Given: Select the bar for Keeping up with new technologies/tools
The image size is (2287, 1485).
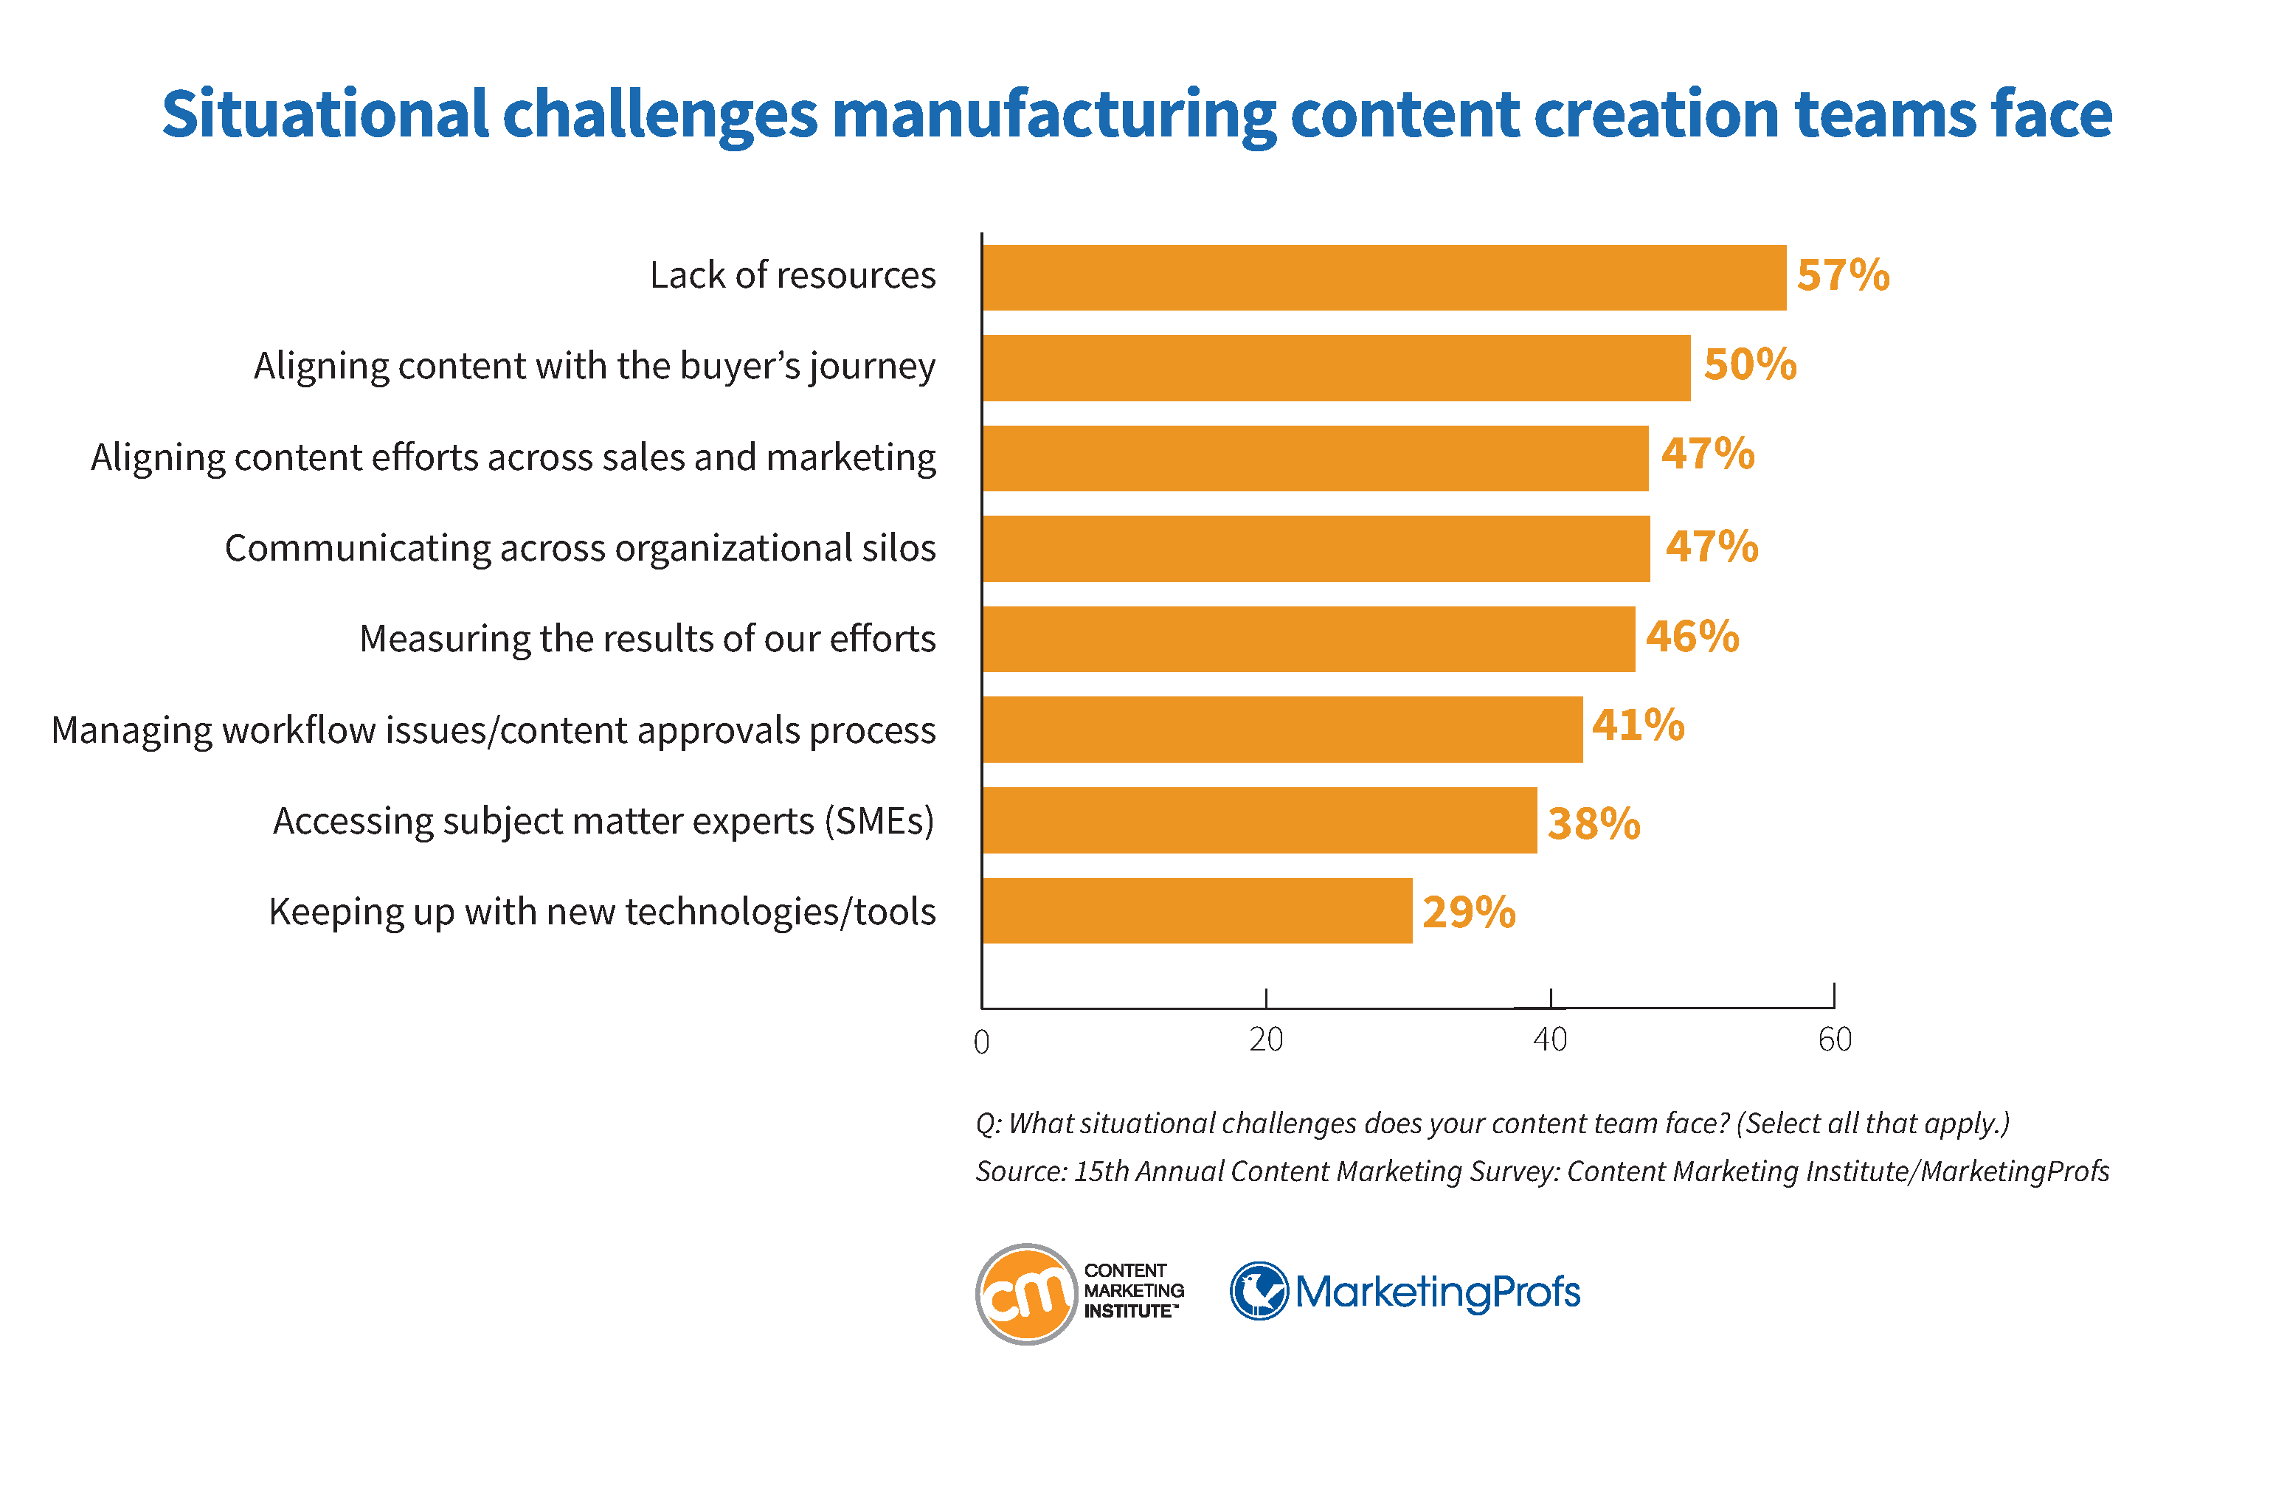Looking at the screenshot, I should tap(1197, 910).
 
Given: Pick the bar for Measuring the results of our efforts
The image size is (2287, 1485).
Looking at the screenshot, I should tap(1308, 638).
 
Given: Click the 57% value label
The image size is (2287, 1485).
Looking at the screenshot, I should tap(1842, 276).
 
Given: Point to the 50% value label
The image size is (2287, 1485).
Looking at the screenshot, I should tap(1749, 365).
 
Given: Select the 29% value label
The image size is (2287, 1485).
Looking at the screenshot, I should tap(1468, 912).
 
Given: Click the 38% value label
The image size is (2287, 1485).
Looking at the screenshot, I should tap(1594, 824).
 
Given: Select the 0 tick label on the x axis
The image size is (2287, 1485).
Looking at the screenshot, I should tap(981, 1042).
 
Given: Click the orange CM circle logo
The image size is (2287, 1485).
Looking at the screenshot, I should tap(1025, 1294).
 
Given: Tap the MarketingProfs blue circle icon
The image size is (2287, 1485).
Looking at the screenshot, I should tap(1258, 1291).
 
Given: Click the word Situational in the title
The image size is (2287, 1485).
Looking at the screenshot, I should tap(325, 115).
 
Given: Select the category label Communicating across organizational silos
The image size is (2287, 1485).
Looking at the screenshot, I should tap(579, 548).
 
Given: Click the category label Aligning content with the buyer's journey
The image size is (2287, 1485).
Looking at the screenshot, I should tap(594, 366).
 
